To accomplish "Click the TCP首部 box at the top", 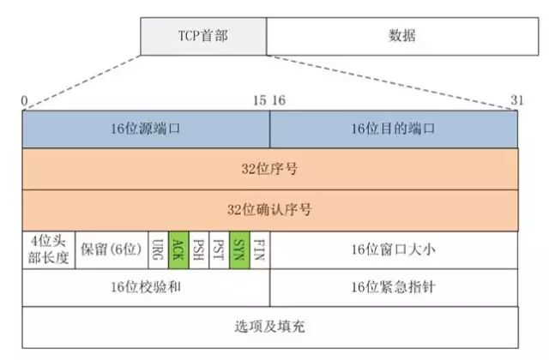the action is [202, 36].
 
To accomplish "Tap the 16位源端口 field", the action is [146, 129].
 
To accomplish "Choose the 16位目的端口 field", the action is [394, 129].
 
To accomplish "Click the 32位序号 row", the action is [270, 170].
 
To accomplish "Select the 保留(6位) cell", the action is [111, 249].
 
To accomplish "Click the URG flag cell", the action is [158, 249].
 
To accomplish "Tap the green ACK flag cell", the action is [178, 249].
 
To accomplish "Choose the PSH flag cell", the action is [199, 249].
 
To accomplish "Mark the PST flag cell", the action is [220, 249].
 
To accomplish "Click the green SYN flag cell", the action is [240, 249].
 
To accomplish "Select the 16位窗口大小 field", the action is [394, 249].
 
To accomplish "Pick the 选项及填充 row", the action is [270, 327].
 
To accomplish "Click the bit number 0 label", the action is [26, 101].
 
